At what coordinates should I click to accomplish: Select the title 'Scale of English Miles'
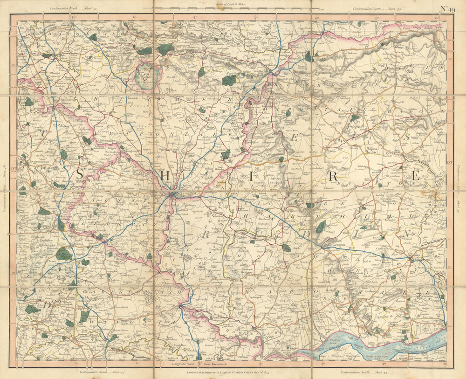233,3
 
